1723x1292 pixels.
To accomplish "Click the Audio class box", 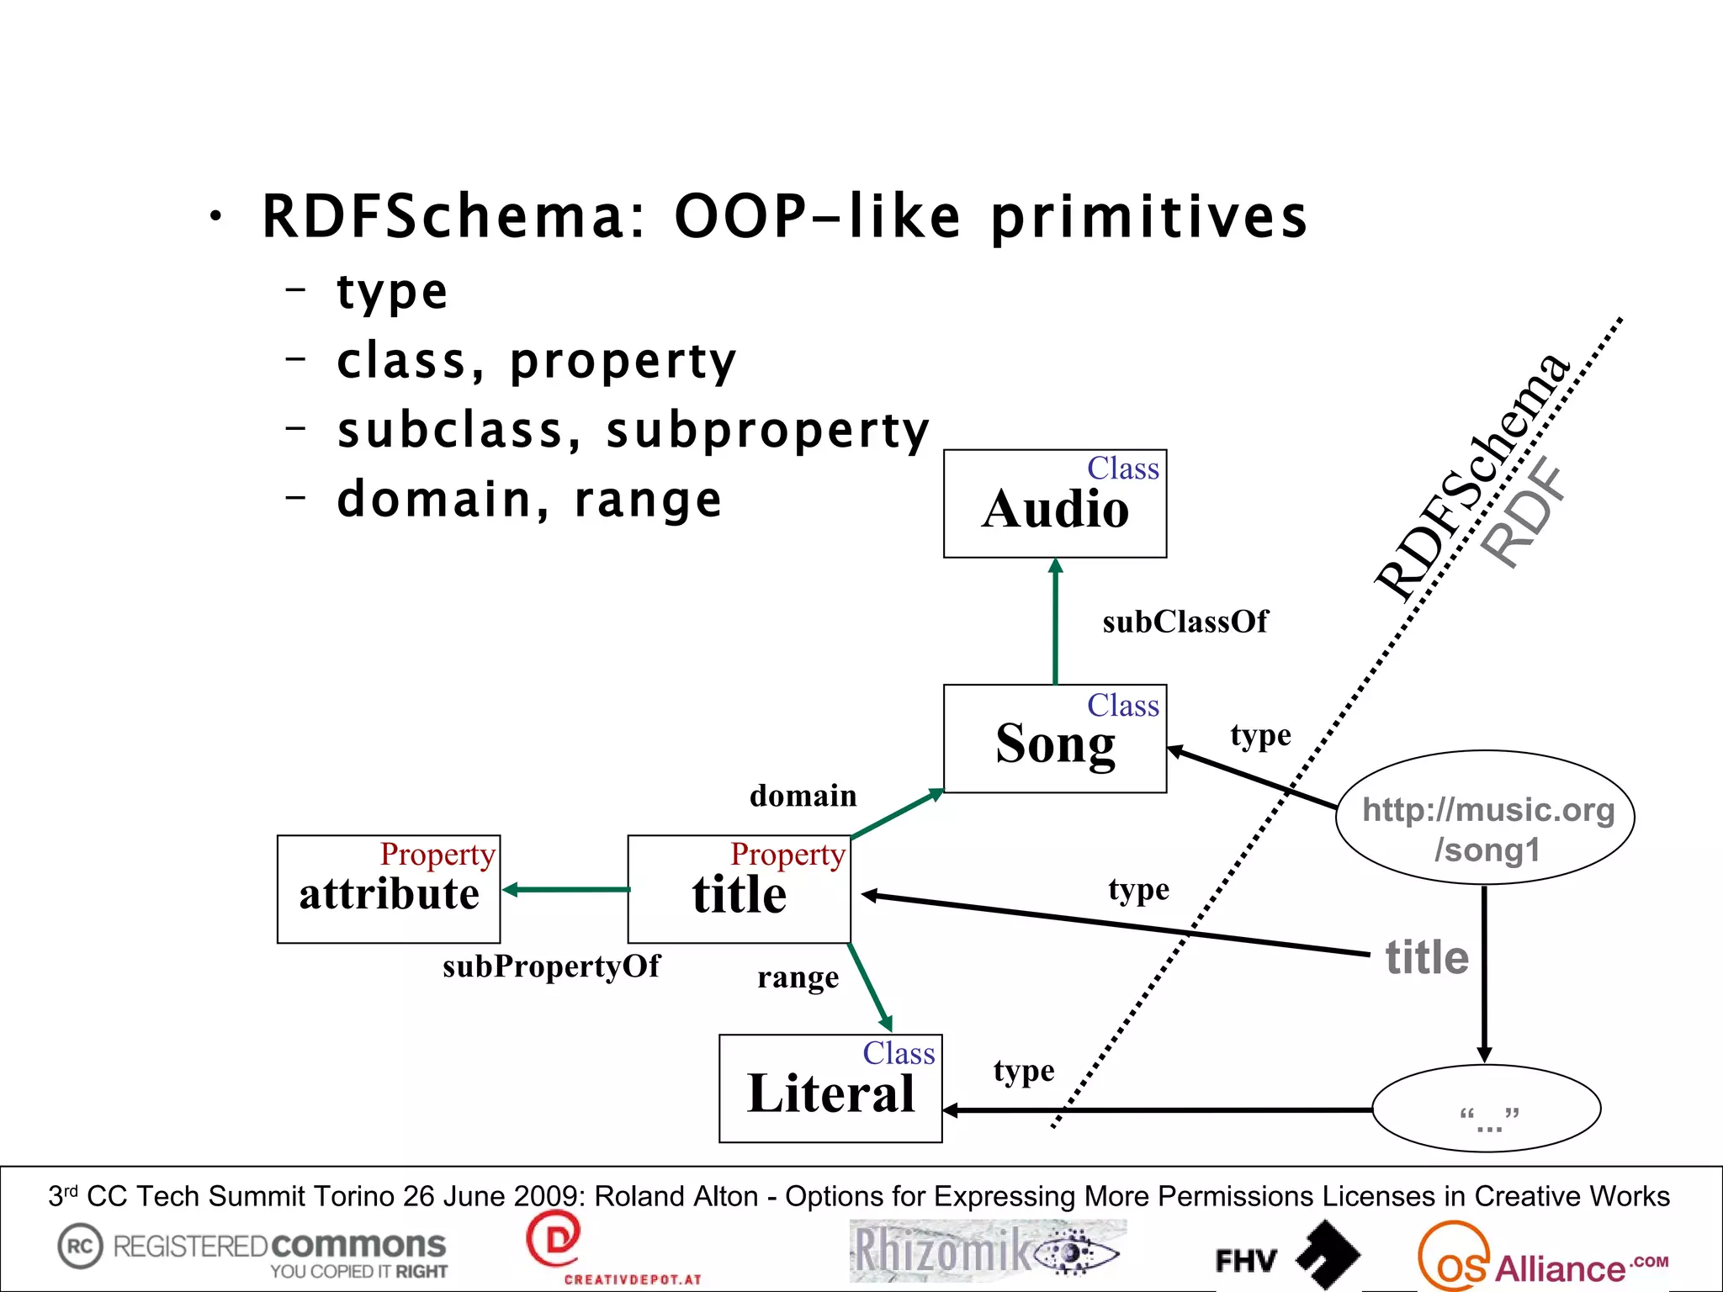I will point(1055,504).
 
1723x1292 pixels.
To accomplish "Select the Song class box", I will point(1055,739).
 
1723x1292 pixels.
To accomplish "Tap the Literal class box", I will point(830,1088).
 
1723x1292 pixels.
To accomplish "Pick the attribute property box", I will point(389,889).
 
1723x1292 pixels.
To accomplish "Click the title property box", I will point(739,889).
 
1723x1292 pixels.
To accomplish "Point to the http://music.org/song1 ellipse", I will point(1486,817).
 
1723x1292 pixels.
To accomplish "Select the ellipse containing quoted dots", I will point(1487,1109).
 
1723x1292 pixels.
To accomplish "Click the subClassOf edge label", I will point(1185,622).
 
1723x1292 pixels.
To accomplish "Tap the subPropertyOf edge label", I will point(551,966).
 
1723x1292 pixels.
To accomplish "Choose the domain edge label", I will point(803,796).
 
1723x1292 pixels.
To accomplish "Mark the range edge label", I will point(798,977).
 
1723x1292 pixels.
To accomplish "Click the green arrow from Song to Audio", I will point(1056,622).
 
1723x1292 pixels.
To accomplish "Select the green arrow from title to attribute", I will point(565,889).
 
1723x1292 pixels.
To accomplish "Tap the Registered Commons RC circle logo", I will point(80,1246).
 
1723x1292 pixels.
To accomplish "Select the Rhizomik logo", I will point(986,1251).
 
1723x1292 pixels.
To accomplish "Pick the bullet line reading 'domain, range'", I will point(529,500).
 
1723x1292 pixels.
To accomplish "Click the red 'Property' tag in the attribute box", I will point(437,855).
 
